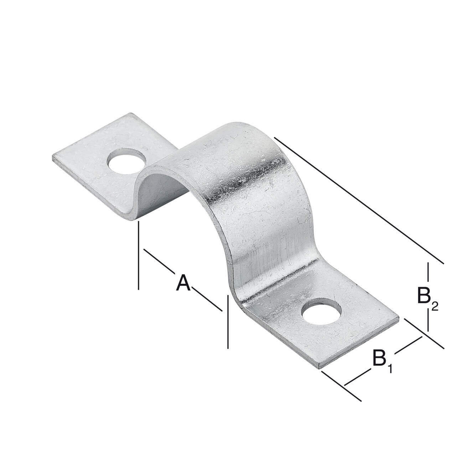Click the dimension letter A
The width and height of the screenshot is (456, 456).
pyautogui.click(x=183, y=283)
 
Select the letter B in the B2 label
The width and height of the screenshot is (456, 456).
pyautogui.click(x=424, y=295)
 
